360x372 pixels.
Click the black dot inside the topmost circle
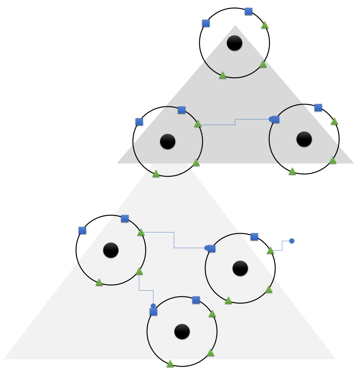[235, 43]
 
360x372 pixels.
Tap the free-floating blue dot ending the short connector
[292, 241]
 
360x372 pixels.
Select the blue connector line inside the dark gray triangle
[235, 122]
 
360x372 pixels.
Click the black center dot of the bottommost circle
[182, 332]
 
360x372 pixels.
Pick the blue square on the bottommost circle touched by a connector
[153, 312]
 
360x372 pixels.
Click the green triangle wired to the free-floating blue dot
[271, 250]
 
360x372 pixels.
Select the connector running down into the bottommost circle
[146, 290]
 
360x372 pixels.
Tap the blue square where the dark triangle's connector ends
[276, 119]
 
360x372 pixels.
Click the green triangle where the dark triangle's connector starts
[198, 124]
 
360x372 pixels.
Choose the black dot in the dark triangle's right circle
[304, 139]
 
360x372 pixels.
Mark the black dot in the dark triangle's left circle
[168, 142]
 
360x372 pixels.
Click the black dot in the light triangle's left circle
[111, 250]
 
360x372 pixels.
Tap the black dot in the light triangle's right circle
[240, 268]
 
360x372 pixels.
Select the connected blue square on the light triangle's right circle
[212, 249]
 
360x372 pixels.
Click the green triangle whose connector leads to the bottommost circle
[139, 271]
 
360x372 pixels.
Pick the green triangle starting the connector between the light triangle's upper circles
[141, 232]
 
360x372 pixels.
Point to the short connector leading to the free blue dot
[282, 246]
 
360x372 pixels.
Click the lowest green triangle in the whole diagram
[170, 364]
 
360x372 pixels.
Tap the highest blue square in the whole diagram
[249, 11]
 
